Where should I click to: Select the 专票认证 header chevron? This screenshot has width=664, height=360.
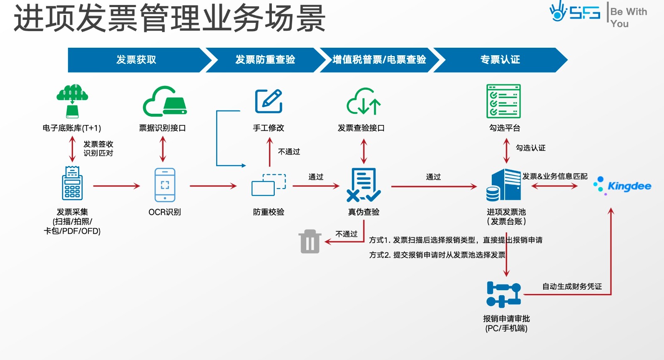[500, 60]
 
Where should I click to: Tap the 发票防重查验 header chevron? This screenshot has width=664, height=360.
[265, 60]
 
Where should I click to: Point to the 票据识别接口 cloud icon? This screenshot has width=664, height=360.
[165, 101]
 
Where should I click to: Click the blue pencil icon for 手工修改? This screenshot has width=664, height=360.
[269, 101]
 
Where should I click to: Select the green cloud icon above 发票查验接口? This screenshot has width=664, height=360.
[364, 101]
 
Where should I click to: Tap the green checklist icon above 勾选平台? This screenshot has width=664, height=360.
[503, 101]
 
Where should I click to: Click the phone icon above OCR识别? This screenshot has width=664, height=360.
[165, 185]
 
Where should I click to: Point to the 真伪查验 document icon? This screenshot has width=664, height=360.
[364, 185]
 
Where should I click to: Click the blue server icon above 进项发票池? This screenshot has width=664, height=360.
[504, 185]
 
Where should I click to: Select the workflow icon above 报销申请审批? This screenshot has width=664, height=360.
[503, 294]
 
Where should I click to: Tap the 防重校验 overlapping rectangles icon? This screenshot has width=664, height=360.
[269, 185]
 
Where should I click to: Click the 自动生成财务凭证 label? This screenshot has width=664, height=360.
[572, 287]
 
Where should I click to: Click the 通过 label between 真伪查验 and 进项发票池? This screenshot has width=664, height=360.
[433, 177]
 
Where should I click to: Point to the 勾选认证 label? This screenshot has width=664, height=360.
[530, 148]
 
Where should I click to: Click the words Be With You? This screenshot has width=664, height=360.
[628, 17]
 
